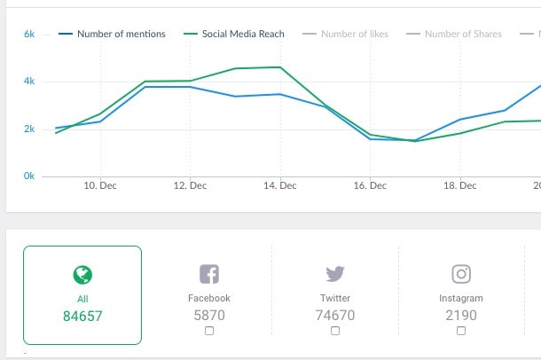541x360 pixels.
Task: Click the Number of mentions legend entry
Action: [121, 35]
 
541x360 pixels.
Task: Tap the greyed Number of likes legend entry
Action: [354, 35]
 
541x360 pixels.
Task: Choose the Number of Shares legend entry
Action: [463, 35]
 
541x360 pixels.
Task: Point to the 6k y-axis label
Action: [29, 35]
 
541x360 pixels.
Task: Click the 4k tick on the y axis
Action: [29, 82]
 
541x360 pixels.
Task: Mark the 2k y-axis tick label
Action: [29, 129]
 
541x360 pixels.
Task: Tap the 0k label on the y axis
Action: [29, 176]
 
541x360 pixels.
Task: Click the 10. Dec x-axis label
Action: [100, 186]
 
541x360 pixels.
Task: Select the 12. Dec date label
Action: [190, 186]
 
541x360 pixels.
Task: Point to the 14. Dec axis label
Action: [280, 186]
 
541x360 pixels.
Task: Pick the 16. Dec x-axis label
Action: [370, 186]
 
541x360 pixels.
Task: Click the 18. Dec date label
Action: [460, 186]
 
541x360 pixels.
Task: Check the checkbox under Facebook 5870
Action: [209, 331]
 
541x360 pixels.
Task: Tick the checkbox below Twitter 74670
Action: [335, 331]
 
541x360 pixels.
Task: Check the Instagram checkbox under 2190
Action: [461, 331]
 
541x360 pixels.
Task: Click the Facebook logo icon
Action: [209, 274]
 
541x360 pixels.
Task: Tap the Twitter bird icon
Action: [335, 274]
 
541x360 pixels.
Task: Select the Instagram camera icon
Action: [461, 274]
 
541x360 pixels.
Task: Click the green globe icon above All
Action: [82, 275]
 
